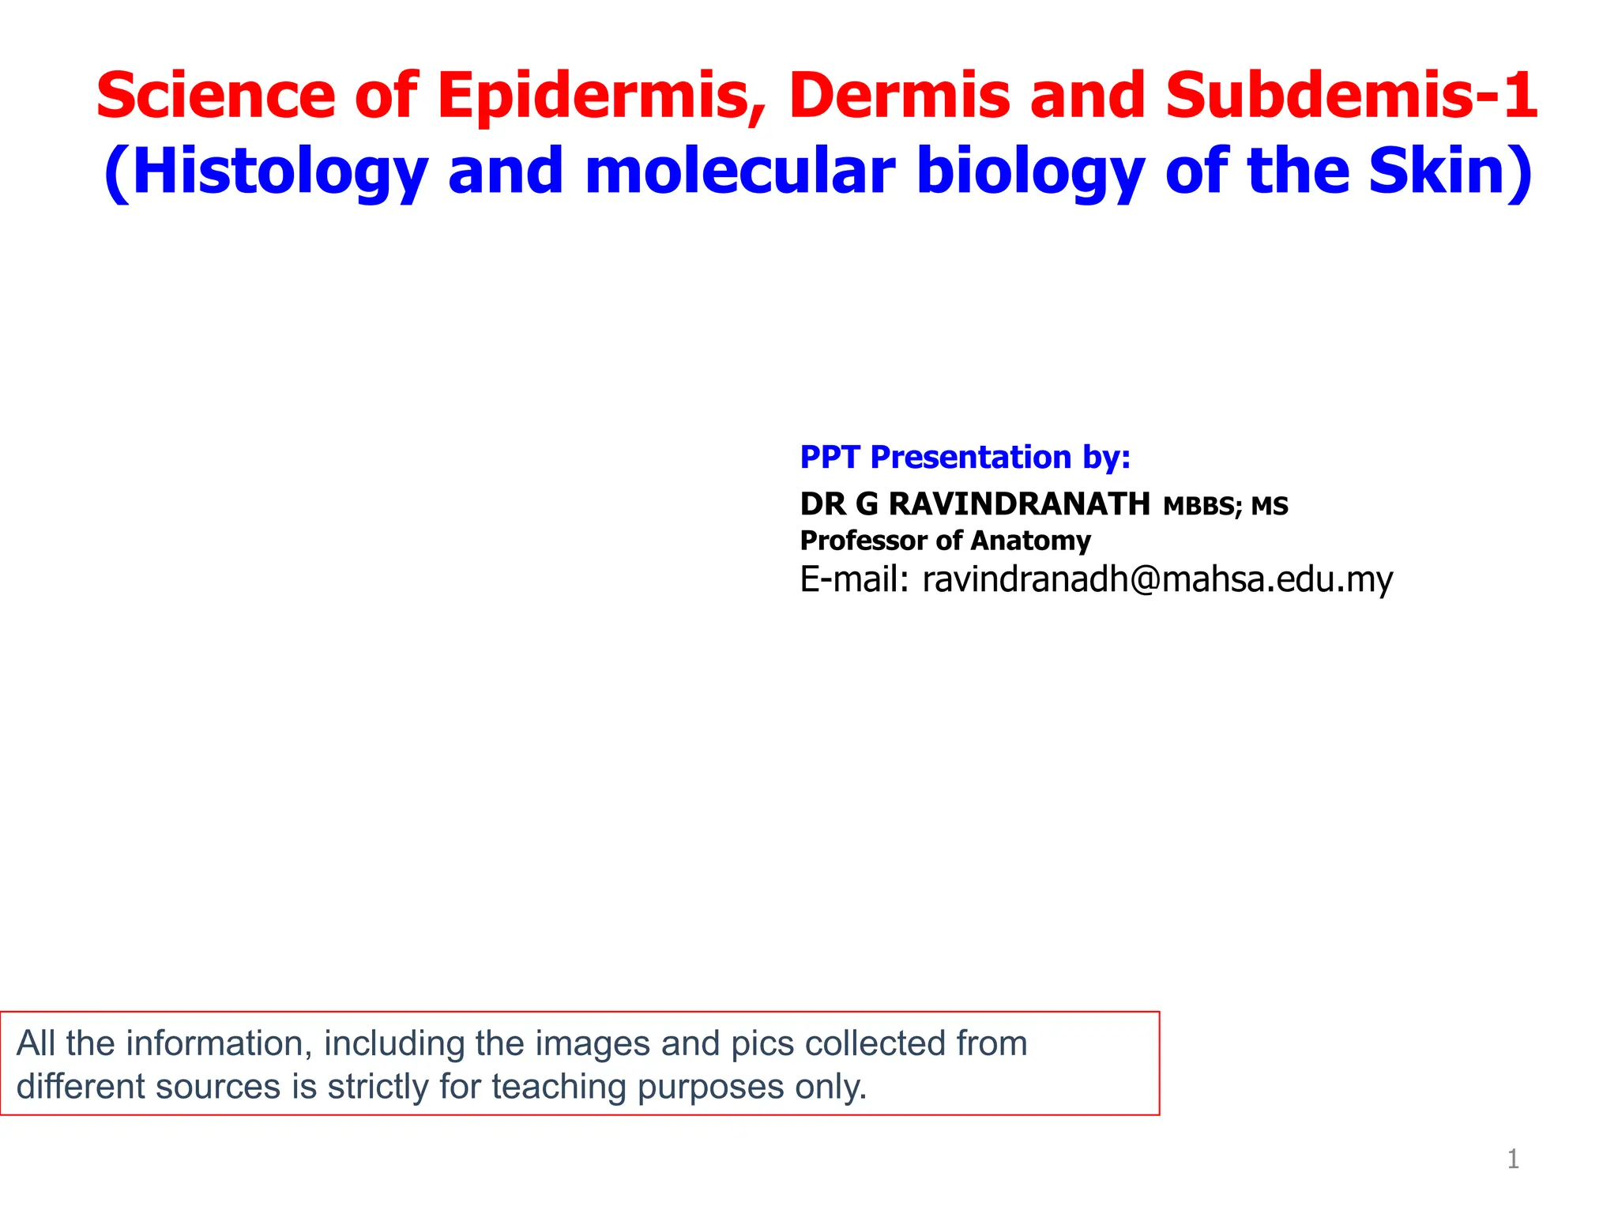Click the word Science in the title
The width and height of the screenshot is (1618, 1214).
pos(215,95)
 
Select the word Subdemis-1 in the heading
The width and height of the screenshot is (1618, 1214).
pos(1351,95)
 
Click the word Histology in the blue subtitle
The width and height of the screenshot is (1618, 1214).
pos(277,172)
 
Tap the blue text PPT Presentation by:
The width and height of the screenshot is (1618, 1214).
pos(965,457)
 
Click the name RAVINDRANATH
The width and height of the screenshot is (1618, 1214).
pos(1019,503)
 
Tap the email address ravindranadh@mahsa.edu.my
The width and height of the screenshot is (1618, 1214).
pos(1157,579)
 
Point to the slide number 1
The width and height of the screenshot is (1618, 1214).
pos(1513,1159)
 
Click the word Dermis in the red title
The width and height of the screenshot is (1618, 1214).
pos(899,95)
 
